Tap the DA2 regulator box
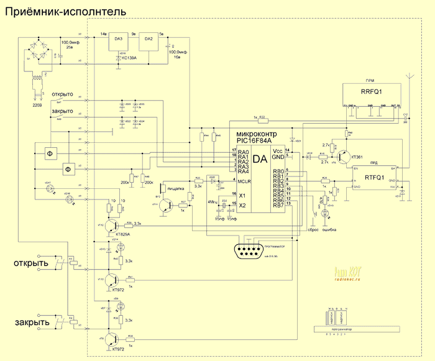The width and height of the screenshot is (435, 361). click(x=149, y=41)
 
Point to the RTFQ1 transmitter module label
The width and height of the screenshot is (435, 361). click(x=375, y=176)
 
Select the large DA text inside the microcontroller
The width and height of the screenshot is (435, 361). click(x=260, y=160)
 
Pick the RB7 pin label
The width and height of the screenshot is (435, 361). click(x=277, y=205)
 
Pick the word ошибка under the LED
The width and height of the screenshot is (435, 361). click(x=329, y=229)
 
